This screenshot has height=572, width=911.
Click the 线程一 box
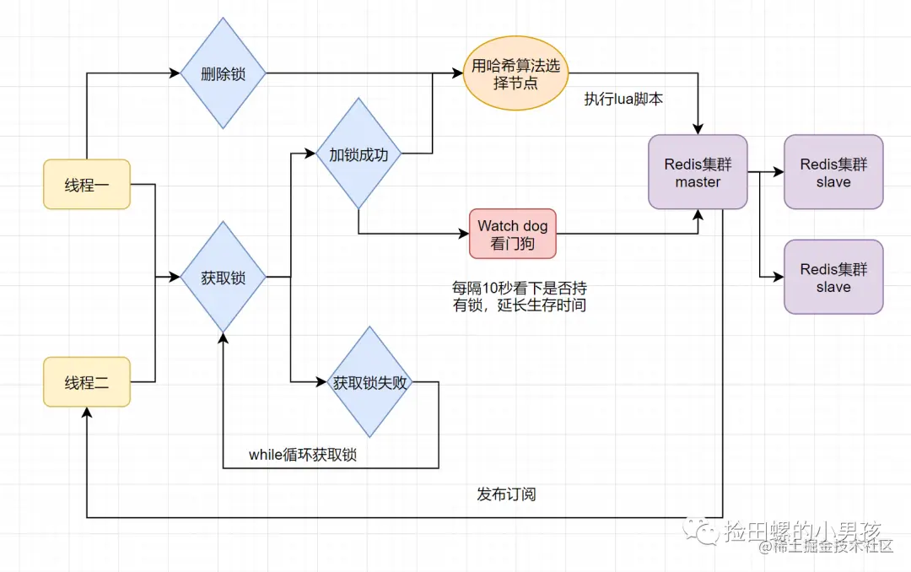[87, 184]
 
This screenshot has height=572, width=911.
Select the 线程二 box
[87, 382]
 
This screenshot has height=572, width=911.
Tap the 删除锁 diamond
[223, 73]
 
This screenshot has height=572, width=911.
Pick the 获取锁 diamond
[223, 276]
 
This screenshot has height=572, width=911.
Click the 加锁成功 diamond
[358, 154]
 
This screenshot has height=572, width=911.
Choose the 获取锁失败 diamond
[369, 382]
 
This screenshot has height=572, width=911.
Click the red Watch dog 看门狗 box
[513, 234]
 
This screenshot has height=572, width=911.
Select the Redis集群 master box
[698, 171]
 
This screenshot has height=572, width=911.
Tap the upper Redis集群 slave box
[833, 171]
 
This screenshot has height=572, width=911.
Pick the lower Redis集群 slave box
[833, 277]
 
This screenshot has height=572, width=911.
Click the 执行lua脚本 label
[623, 99]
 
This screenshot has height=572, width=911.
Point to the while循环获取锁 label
[303, 455]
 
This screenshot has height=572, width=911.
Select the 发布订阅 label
[506, 494]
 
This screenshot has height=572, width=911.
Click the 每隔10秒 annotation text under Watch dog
[520, 296]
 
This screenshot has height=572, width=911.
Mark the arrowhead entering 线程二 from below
[87, 410]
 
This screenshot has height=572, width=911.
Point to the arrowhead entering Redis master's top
[698, 129]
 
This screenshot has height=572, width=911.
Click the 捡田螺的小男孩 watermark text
[801, 532]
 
